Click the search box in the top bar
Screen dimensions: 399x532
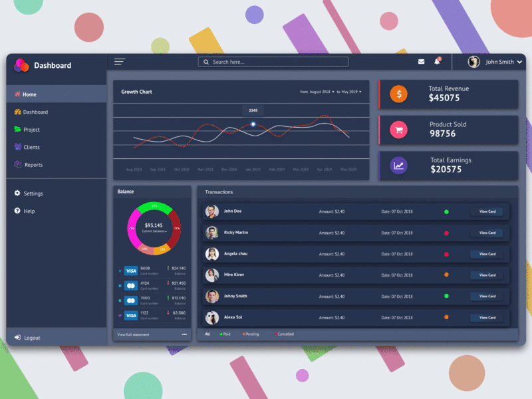coord(273,62)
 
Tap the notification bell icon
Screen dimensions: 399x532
coord(437,62)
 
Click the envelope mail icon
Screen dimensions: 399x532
coord(421,62)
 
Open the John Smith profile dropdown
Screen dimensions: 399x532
coord(495,62)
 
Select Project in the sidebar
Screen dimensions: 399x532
coord(31,130)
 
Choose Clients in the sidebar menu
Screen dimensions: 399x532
coord(31,147)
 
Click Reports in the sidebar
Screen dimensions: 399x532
coord(33,165)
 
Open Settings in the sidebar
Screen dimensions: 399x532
coord(32,194)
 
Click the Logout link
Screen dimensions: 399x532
coord(31,338)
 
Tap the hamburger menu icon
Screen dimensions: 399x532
coord(120,62)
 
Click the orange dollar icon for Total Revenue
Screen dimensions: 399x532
coord(399,94)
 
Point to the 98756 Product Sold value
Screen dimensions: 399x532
coord(443,134)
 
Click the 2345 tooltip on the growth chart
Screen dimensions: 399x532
coord(253,110)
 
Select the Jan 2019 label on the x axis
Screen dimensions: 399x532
coord(253,170)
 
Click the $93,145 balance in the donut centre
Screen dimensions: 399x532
coord(154,225)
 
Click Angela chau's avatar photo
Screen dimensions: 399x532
coord(212,254)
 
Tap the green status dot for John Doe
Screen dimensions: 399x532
coord(446,212)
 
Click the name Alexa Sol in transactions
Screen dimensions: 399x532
coord(233,317)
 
